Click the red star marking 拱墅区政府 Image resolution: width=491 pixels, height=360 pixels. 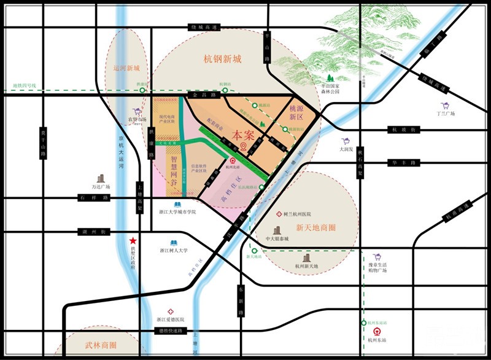132,241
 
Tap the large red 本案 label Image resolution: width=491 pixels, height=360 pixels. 244,134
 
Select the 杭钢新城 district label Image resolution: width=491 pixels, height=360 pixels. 223,60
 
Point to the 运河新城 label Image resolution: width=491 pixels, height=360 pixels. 127,68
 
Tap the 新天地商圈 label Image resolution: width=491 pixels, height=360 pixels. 316,227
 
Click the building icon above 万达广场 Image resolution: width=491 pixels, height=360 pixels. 101,178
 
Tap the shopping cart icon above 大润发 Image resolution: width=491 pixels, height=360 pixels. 346,141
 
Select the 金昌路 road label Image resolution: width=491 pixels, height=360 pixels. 203,96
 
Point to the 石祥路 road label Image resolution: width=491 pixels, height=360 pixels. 93,198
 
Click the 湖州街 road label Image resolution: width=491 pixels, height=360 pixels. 95,232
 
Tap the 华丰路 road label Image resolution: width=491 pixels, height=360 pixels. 401,163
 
